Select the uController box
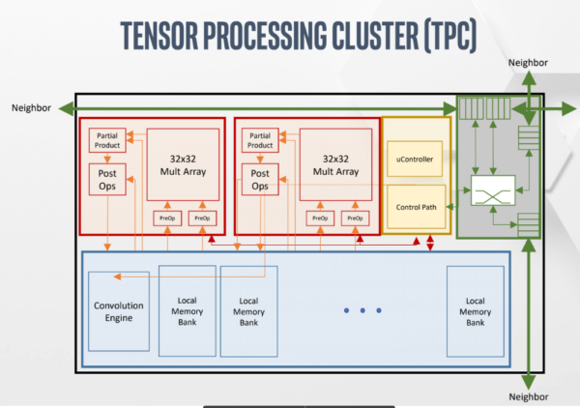(x=417, y=159)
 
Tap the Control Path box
(x=417, y=207)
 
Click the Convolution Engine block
(x=118, y=311)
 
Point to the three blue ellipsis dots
(x=362, y=311)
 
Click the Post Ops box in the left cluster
(x=106, y=182)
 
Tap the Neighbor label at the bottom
(x=528, y=397)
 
